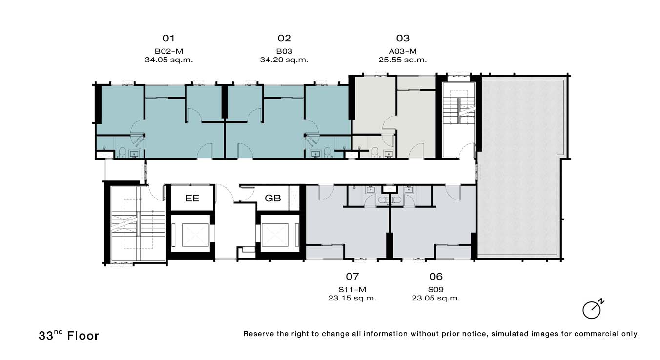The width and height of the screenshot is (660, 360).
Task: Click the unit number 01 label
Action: (168, 38)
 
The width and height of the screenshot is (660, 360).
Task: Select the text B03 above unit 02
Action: (284, 51)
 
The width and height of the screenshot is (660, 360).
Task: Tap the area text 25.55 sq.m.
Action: (402, 60)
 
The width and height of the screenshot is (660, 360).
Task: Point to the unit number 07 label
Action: (352, 277)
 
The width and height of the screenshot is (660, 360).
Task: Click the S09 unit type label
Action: (436, 289)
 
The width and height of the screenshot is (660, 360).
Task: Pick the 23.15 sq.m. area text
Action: (352, 298)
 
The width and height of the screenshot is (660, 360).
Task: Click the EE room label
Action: (192, 198)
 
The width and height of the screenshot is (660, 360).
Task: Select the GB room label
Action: (272, 198)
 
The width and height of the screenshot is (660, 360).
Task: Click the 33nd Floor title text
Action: (69, 335)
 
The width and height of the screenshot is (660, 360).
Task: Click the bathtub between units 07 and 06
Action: (390, 200)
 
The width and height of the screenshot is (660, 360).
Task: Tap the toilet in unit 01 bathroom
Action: (122, 152)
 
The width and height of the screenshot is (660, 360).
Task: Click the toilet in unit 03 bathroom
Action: (375, 152)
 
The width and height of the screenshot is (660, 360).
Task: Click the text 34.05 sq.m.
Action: (168, 60)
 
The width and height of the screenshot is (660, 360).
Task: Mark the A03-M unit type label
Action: (402, 51)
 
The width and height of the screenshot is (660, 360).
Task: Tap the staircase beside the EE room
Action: (138, 224)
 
